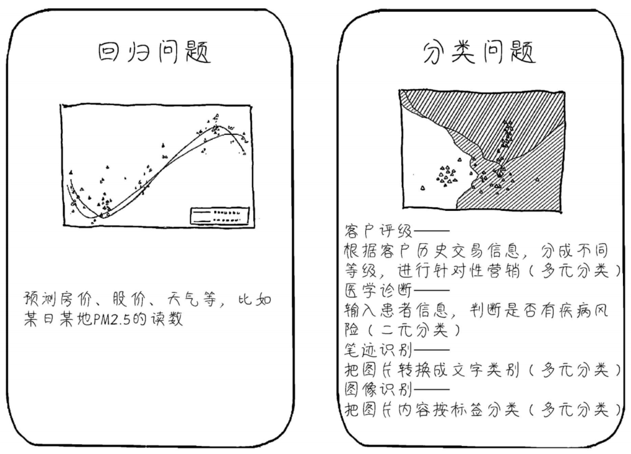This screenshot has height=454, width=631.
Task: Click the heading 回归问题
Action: coord(154,54)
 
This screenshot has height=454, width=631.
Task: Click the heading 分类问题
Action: coord(479,54)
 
